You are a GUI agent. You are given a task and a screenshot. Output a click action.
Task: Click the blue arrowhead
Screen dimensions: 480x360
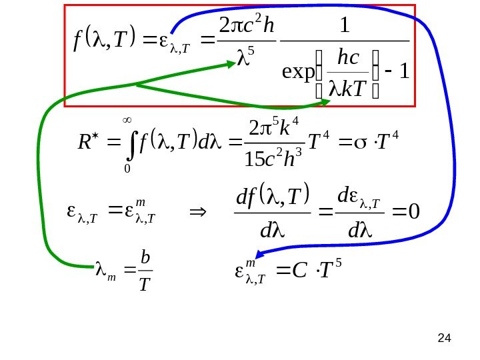coord(262,253)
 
